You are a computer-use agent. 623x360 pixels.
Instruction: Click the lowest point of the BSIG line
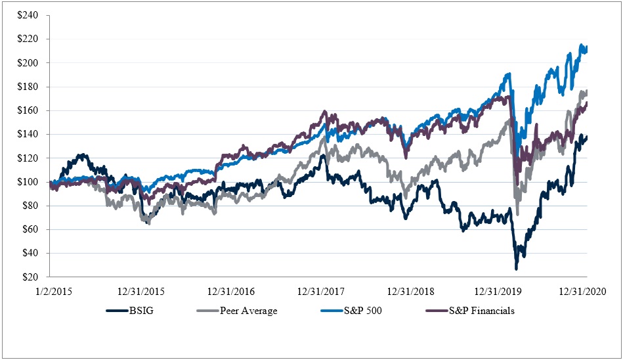(516, 269)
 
